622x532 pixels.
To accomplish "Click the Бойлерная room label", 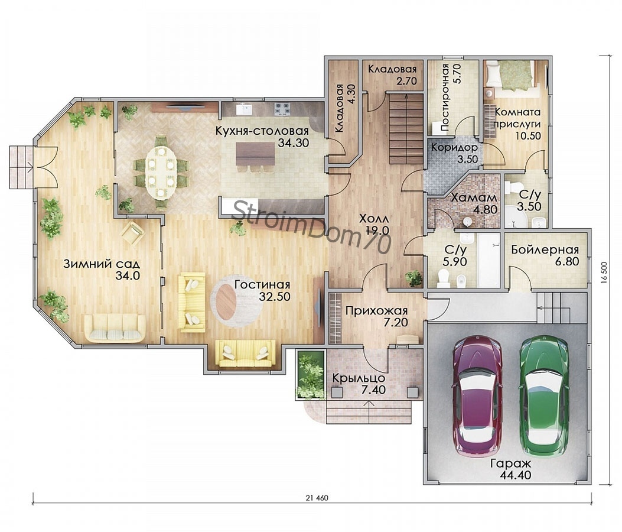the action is [x=545, y=249].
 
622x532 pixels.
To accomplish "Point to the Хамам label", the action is [x=474, y=197].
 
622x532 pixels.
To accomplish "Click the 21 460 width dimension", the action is [x=317, y=498].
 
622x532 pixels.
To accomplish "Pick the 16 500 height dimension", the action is [x=604, y=273].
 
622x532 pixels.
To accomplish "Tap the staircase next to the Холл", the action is [x=405, y=128].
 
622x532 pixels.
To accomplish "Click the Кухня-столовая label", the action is [x=262, y=131].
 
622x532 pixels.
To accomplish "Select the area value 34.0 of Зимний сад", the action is [x=128, y=275].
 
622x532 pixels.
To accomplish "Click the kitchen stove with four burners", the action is [x=282, y=108].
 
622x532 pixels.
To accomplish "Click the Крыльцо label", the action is [x=359, y=378].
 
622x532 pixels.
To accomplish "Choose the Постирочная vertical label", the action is [x=444, y=97].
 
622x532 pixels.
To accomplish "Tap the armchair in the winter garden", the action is [x=132, y=233].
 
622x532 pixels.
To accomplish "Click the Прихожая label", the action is [x=376, y=310].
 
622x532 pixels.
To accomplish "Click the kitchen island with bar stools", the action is [x=255, y=157].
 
